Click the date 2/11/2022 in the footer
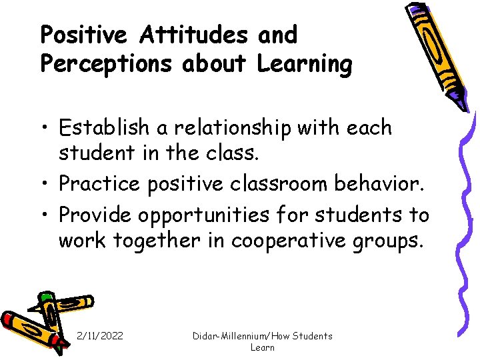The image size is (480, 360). (x=100, y=336)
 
